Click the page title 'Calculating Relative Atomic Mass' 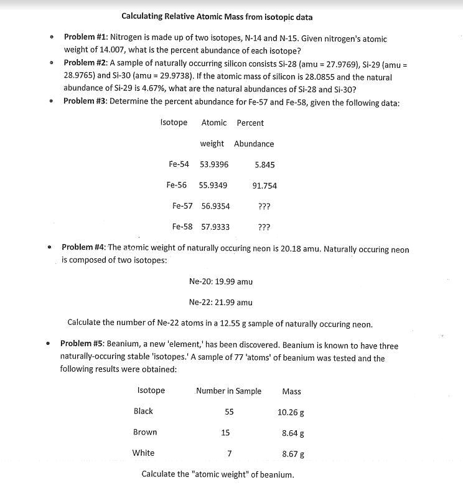(x=217, y=17)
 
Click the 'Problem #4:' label (x=84, y=248)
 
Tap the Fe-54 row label (x=179, y=164)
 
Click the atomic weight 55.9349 (x=213, y=186)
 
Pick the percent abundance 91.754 (x=264, y=186)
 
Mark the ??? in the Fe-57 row (x=264, y=206)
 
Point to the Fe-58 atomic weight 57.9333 (x=215, y=227)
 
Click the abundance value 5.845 (x=264, y=164)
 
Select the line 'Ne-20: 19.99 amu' (x=220, y=281)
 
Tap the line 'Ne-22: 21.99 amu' (x=220, y=303)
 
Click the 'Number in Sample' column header (x=228, y=391)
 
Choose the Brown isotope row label (x=145, y=432)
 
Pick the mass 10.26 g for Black (x=291, y=412)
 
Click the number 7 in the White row (x=229, y=453)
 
